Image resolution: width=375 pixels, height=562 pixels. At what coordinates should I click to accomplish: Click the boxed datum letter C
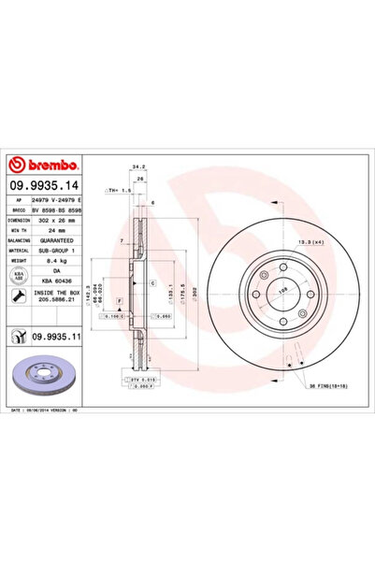click(x=139, y=281)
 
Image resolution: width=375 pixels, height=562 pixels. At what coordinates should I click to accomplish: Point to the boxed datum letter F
click(x=120, y=300)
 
